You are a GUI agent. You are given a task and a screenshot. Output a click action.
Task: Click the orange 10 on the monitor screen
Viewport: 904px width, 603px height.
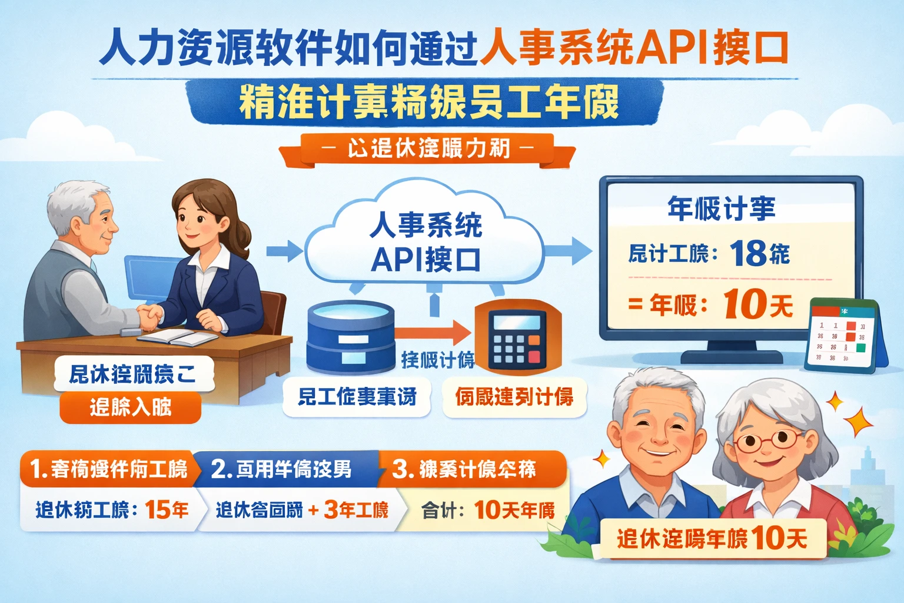(743, 304)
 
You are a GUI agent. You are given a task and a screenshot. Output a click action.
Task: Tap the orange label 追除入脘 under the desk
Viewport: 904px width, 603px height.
(130, 407)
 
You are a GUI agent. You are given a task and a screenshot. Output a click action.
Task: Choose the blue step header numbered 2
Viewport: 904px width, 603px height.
(282, 469)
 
